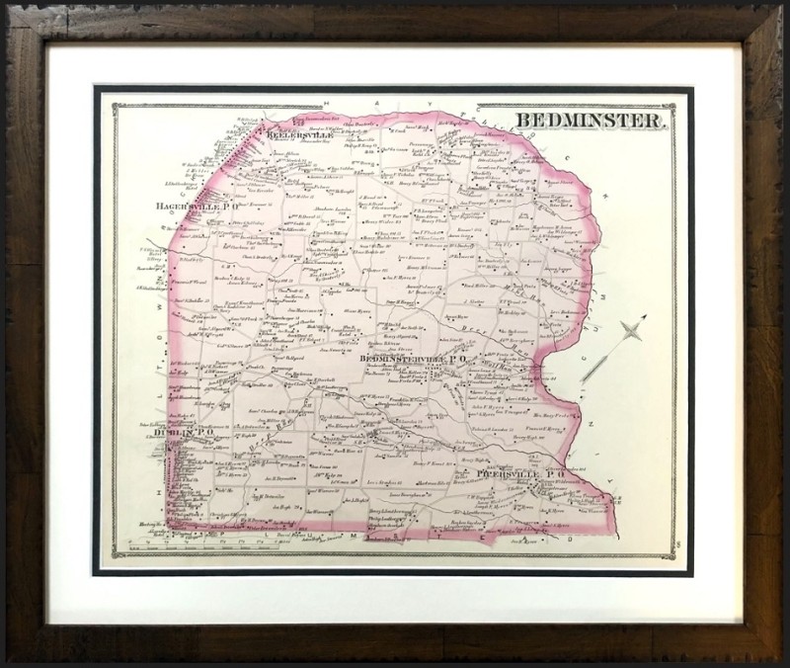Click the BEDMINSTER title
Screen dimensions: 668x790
[x=591, y=122]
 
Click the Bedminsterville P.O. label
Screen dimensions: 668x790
[x=409, y=360]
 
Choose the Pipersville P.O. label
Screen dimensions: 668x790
[x=519, y=474]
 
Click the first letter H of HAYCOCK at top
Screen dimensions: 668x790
[x=326, y=102]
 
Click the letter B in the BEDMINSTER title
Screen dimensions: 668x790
[x=521, y=122]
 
